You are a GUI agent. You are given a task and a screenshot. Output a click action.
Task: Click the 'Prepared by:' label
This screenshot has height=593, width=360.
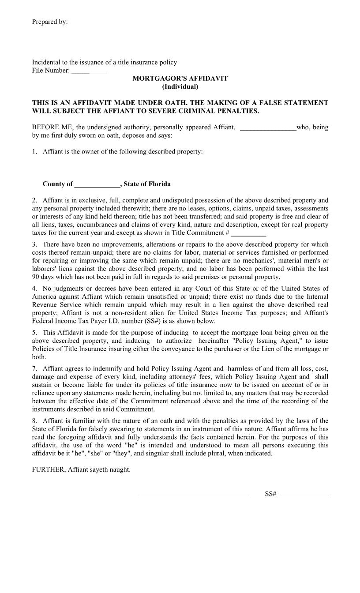point(49,22)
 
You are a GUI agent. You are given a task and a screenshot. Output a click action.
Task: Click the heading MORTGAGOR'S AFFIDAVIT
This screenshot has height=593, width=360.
point(180,79)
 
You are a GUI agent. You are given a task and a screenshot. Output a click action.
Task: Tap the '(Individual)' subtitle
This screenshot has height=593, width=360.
point(180,86)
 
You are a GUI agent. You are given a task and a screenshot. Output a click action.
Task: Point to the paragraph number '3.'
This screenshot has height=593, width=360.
point(34,244)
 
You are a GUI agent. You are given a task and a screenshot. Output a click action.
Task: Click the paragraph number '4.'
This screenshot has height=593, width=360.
point(34,289)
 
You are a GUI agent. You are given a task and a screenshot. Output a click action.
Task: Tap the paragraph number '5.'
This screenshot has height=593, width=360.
point(34,333)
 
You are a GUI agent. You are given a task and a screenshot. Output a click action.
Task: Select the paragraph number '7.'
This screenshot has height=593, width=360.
point(34,368)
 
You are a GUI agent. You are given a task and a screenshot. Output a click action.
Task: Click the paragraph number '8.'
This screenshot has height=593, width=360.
point(34,421)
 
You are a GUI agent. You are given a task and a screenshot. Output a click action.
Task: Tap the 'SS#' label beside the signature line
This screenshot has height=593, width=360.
point(270,494)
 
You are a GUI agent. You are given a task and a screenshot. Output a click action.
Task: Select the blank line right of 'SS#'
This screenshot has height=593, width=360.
point(304,496)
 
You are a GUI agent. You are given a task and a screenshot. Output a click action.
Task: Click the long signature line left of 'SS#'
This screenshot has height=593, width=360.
point(193,496)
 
